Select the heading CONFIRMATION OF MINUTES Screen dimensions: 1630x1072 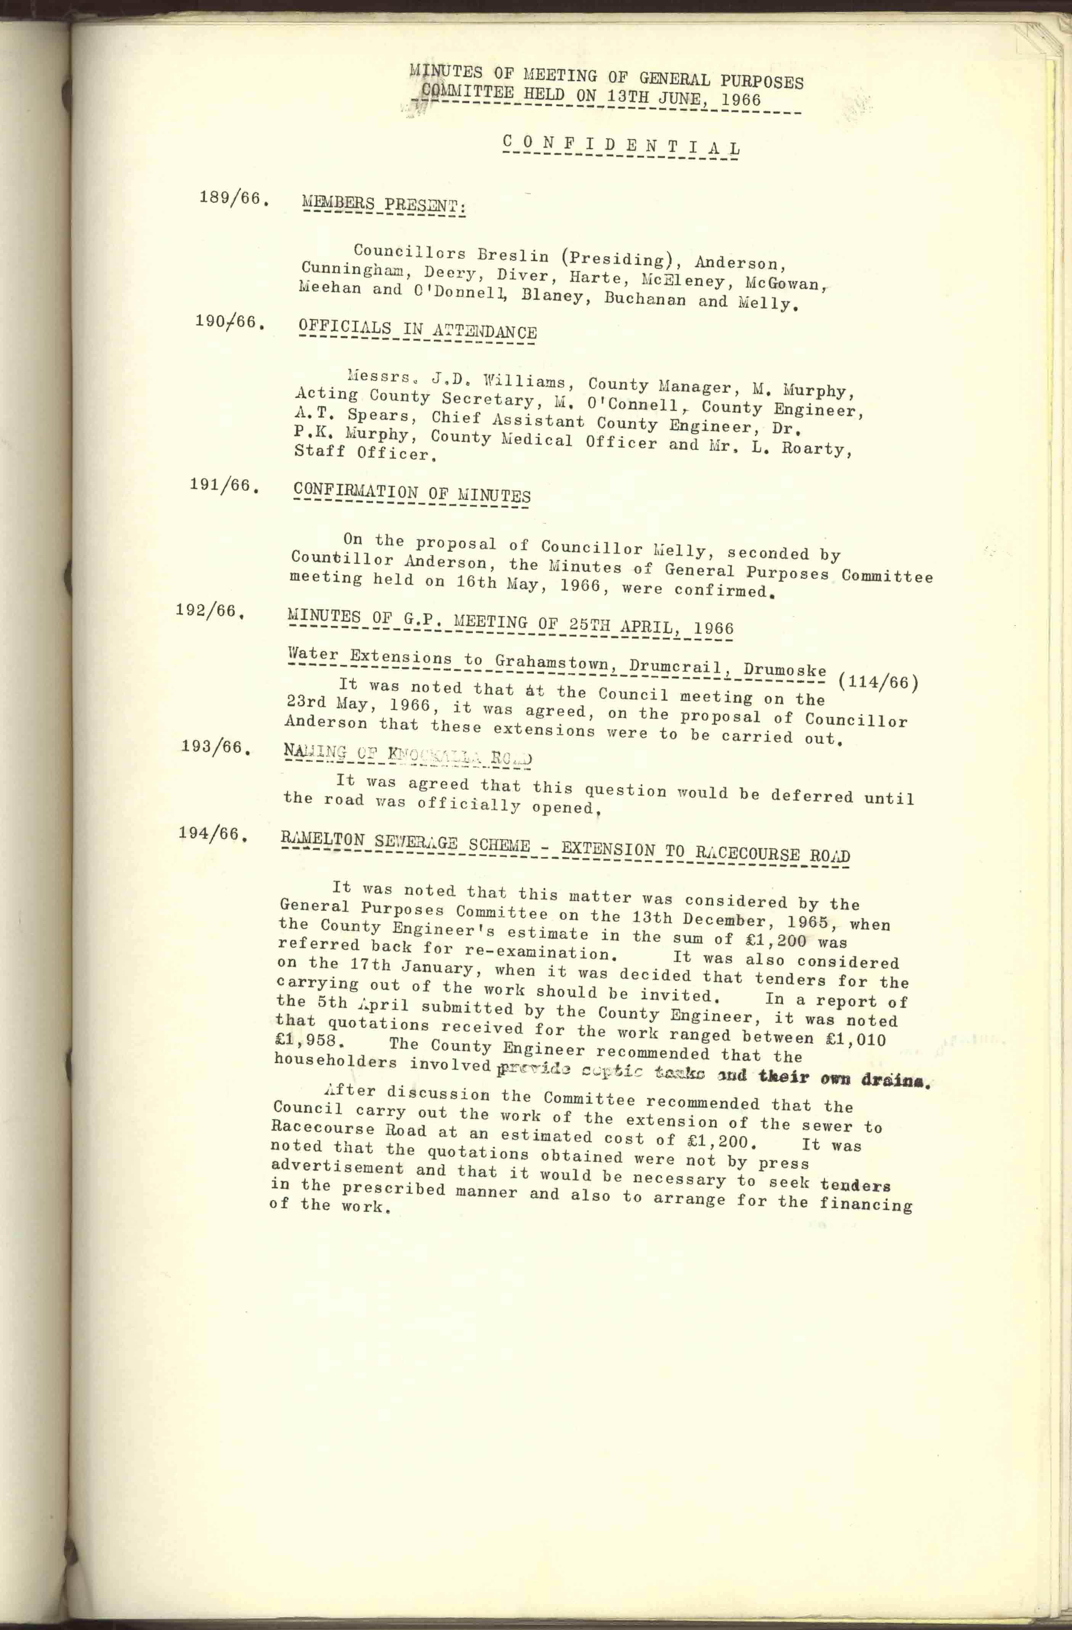[x=411, y=493]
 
